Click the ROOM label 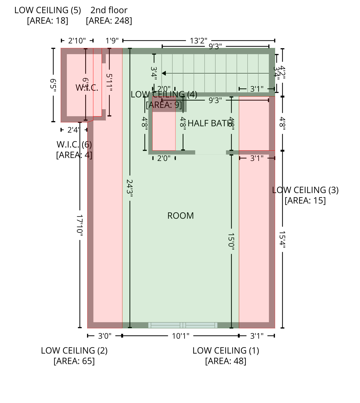click(181, 216)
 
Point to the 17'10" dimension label click(80, 224)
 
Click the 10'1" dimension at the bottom click(181, 336)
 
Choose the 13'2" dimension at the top click(198, 41)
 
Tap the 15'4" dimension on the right click(282, 240)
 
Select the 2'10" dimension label click(77, 41)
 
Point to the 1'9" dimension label click(112, 41)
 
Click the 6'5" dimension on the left click(53, 85)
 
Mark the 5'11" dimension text click(109, 82)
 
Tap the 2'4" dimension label click(73, 130)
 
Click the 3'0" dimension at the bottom click(105, 336)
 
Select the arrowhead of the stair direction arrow click(164, 73)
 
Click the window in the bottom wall click(183, 325)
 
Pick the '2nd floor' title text click(109, 10)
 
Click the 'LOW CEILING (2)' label click(74, 351)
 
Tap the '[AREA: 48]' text click(226, 361)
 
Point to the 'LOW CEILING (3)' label click(305, 190)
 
